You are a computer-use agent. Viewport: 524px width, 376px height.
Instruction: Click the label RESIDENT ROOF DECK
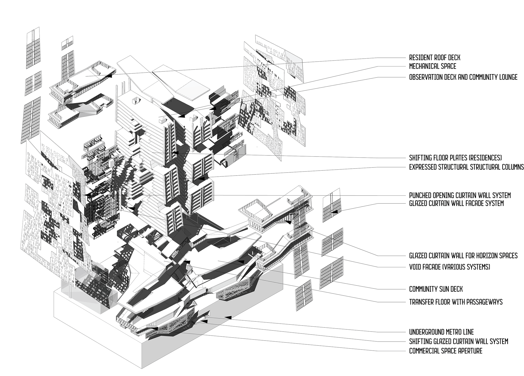(x=434, y=58)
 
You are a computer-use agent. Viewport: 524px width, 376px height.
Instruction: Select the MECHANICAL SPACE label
(x=433, y=66)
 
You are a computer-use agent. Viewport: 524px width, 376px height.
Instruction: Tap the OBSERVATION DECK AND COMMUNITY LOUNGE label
(x=463, y=77)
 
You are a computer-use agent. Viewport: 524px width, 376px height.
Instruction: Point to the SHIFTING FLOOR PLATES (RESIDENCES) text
(x=455, y=158)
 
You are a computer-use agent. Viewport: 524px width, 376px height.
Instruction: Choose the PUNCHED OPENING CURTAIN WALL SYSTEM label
(x=460, y=195)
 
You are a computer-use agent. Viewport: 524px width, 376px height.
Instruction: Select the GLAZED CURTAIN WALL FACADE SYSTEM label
(x=456, y=203)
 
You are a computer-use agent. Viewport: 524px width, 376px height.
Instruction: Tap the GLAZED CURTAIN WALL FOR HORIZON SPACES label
(x=463, y=255)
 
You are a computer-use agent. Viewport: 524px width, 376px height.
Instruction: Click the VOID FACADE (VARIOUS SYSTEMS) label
(x=449, y=267)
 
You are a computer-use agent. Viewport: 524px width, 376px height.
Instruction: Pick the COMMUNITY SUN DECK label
(x=436, y=289)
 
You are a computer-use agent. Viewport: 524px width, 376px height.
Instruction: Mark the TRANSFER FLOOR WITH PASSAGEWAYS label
(x=456, y=302)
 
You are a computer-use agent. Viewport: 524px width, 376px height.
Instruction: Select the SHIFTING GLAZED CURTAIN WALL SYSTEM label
(x=458, y=341)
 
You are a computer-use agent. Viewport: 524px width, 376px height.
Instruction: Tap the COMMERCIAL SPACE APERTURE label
(x=446, y=351)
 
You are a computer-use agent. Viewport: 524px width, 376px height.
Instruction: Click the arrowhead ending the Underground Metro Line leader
(x=228, y=317)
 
